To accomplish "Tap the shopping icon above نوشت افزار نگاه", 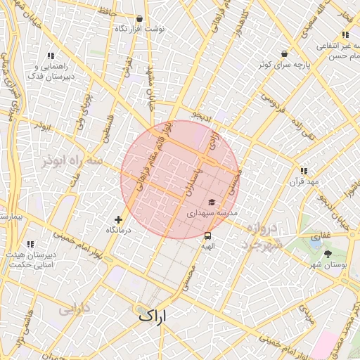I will pyautogui.click(x=139, y=19).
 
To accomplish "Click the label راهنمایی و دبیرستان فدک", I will pyautogui.click(x=50, y=71).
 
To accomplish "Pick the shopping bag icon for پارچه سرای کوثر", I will pyautogui.click(x=284, y=53).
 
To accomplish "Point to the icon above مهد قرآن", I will pyautogui.click(x=303, y=171).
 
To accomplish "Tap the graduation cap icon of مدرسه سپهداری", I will pyautogui.click(x=211, y=202).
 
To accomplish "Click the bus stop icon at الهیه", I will pyautogui.click(x=207, y=236).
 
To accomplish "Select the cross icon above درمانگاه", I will pyautogui.click(x=118, y=219).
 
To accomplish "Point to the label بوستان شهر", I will pyautogui.click(x=328, y=264).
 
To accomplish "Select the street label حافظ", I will pyautogui.click(x=105, y=12).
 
